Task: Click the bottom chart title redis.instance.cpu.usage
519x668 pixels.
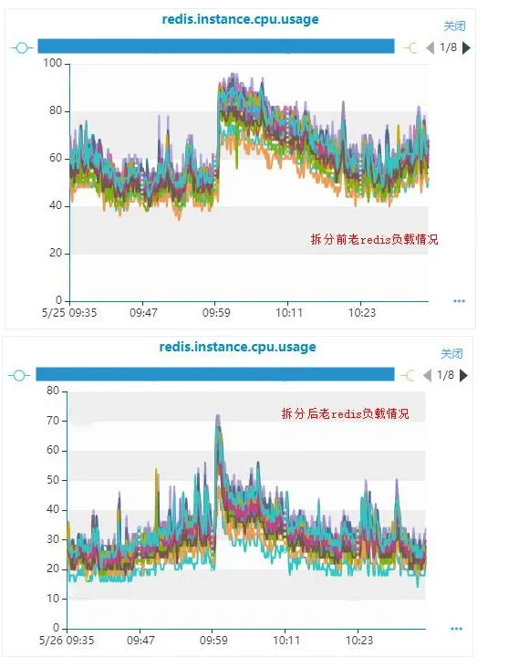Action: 237,347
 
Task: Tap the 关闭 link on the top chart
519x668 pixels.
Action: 453,27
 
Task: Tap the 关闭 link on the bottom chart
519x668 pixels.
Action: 452,354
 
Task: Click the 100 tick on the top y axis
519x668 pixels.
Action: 53,63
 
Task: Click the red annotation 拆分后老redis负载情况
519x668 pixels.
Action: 345,413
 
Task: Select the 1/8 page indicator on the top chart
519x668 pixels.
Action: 448,47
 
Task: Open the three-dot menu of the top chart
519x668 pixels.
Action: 459,300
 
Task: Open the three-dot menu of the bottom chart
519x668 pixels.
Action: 456,628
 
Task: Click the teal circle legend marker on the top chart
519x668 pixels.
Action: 22,47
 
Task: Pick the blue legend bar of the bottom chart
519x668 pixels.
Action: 215,374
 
